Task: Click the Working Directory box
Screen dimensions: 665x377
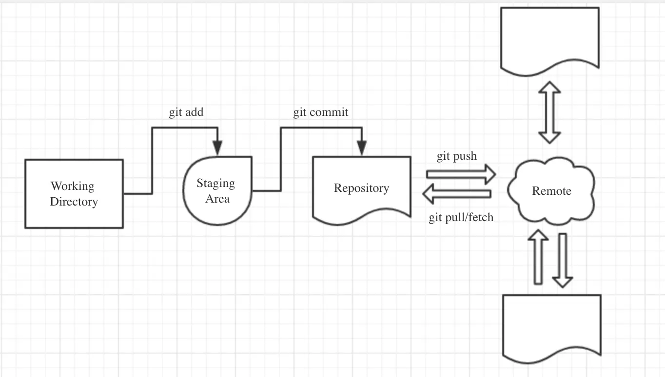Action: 74,194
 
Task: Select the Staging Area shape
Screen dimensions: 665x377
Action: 217,191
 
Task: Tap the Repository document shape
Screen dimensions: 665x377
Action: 362,190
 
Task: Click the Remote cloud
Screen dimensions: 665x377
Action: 551,191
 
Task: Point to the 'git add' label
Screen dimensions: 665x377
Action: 186,113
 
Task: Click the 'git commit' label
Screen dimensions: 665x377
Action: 321,113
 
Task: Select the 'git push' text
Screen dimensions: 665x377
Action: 457,156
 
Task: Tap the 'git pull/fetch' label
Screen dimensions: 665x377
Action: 461,217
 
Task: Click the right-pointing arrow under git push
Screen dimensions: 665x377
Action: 461,174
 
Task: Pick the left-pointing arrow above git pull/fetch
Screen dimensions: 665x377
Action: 457,194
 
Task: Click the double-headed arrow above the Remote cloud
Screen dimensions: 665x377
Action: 549,113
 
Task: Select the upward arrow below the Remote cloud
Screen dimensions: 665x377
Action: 538,257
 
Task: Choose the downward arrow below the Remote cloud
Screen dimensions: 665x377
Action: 563,261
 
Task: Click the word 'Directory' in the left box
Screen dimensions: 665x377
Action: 74,202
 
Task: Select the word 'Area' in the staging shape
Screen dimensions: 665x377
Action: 217,199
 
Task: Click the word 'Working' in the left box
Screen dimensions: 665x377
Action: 73,187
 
